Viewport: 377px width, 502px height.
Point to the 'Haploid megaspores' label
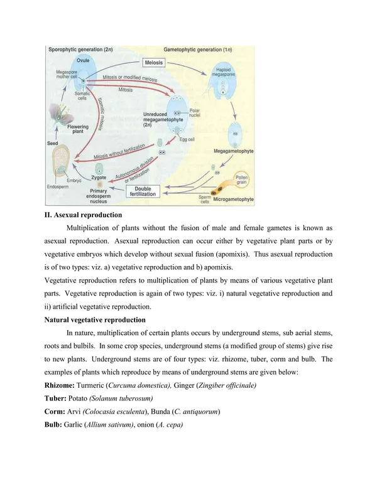pyautogui.click(x=226, y=72)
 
